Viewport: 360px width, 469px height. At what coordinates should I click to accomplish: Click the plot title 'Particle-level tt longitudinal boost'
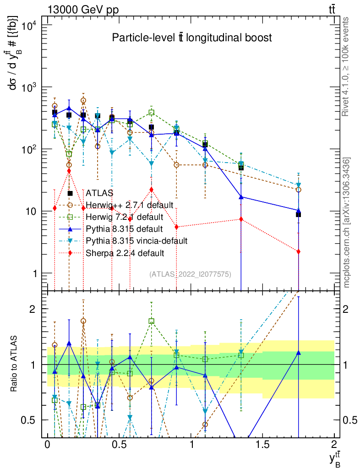click(192, 38)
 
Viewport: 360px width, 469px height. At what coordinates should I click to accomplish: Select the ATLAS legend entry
click(99, 193)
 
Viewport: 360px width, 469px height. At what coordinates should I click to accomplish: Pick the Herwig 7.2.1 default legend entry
click(125, 217)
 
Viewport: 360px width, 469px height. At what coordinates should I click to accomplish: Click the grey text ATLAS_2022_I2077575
click(190, 274)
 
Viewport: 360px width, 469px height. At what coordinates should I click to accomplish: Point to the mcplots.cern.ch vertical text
click(347, 223)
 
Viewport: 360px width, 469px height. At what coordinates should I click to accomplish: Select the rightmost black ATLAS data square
click(298, 214)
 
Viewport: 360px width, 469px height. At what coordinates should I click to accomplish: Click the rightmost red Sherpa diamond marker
click(298, 251)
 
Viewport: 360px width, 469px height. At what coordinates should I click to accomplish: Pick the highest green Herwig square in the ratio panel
click(152, 321)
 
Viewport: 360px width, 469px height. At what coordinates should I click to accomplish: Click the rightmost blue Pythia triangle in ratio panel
click(298, 353)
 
